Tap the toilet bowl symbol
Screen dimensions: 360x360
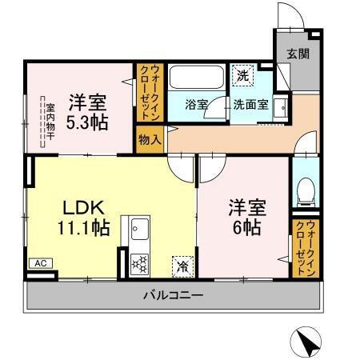304,190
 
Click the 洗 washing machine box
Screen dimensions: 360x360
243,77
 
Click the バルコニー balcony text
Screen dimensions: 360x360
174,296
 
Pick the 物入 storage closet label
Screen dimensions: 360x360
150,139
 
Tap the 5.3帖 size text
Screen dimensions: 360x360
88,124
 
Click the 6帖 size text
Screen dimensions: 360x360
246,226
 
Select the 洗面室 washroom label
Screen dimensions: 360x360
251,105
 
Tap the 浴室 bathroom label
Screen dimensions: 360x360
197,105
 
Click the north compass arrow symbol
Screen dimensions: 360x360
306,343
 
